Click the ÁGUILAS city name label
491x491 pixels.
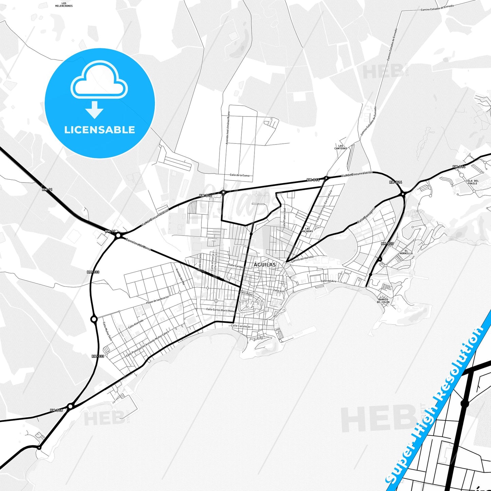(x=265, y=264)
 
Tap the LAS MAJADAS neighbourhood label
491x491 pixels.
(x=307, y=230)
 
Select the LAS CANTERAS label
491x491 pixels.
(x=340, y=147)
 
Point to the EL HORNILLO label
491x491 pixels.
(x=406, y=252)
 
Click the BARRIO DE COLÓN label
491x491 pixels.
(x=383, y=301)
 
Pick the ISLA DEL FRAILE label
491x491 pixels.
(x=472, y=182)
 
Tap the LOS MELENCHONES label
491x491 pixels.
(x=64, y=5)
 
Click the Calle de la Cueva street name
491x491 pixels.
(x=240, y=175)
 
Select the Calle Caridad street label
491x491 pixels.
(x=236, y=266)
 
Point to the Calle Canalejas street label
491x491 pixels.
(x=241, y=326)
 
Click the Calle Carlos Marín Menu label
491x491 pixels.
(x=221, y=310)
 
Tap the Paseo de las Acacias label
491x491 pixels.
(x=157, y=300)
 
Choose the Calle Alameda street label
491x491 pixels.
(x=136, y=323)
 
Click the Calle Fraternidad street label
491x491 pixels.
(x=284, y=218)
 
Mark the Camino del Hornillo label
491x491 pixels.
(x=302, y=259)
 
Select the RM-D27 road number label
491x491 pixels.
(x=387, y=244)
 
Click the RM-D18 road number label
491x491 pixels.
(x=56, y=410)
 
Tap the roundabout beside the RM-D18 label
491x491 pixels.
(x=70, y=406)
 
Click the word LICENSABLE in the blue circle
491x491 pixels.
(x=100, y=130)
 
